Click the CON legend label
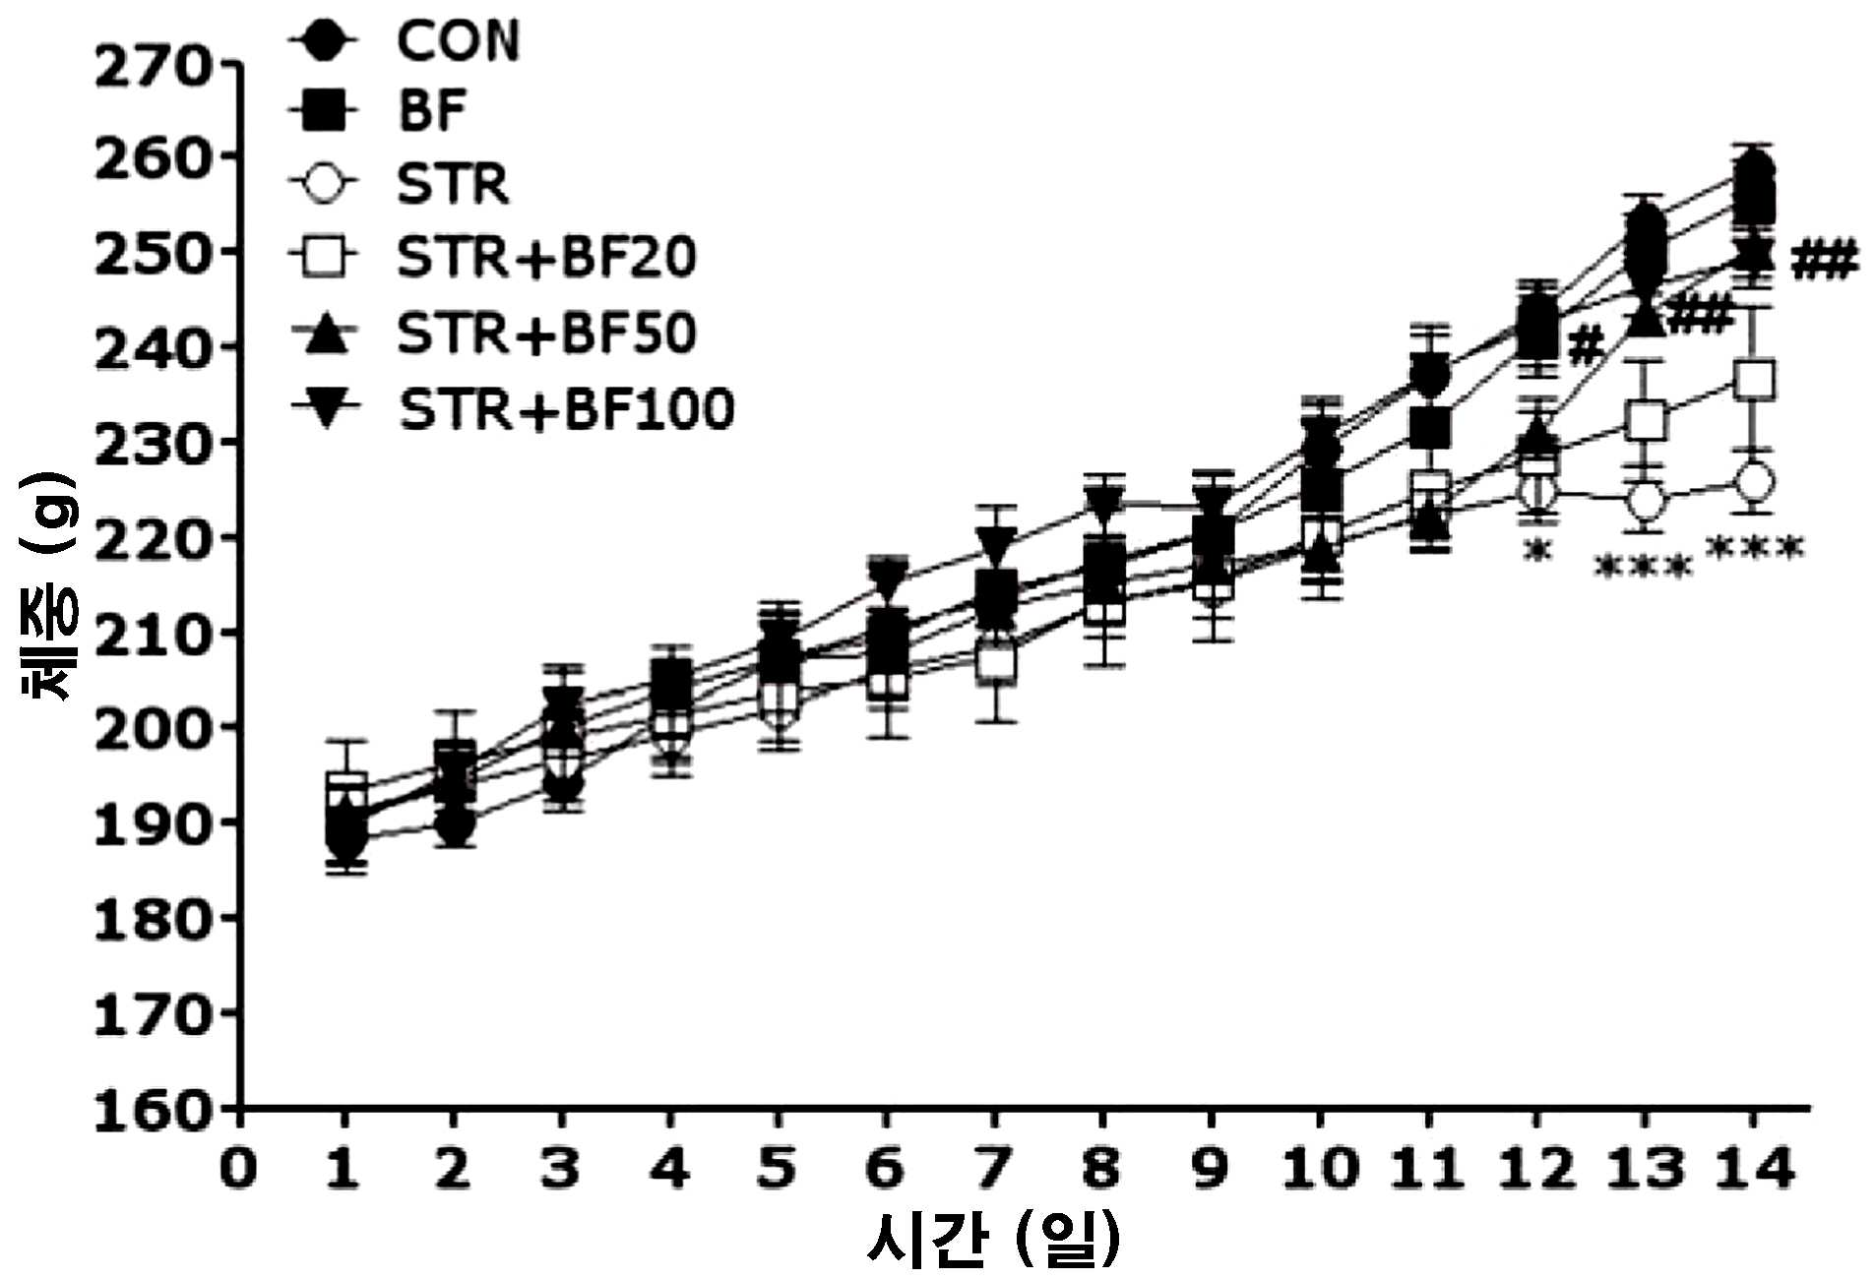coord(458,41)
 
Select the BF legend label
coord(432,110)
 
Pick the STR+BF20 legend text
coord(546,257)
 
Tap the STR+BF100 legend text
coord(566,408)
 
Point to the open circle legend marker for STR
coord(325,183)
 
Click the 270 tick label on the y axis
coord(153,66)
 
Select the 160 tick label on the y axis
coord(153,1110)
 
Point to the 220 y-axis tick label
coord(153,538)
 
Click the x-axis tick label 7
coord(994,1169)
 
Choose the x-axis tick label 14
coord(1753,1169)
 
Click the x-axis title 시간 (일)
coord(994,1239)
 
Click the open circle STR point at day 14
coord(1756,482)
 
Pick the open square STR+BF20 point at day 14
coord(1756,379)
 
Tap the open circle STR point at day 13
coord(1646,501)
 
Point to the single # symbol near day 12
coord(1586,345)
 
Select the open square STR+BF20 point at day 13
coord(1646,421)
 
